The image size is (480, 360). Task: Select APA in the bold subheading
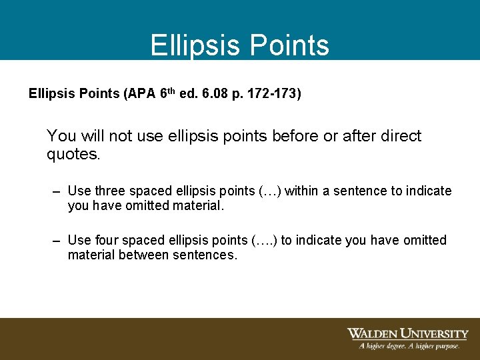(x=139, y=94)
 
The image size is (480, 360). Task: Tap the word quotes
(x=72, y=155)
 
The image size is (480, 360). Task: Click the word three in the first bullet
(x=109, y=191)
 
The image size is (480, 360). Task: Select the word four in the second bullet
(x=105, y=240)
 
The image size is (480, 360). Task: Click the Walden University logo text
(x=407, y=333)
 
